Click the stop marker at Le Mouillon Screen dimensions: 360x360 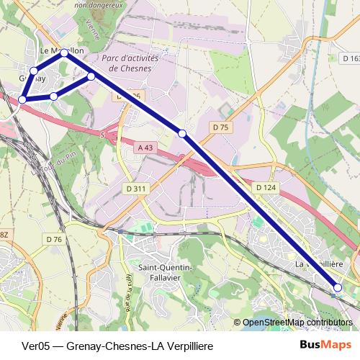tap(65, 53)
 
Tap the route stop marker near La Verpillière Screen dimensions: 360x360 tap(337, 288)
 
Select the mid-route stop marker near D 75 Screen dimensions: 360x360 tap(182, 133)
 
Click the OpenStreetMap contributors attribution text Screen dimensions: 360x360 tap(297, 322)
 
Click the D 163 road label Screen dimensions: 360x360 tap(350, 58)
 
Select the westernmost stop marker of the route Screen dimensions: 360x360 tap(23, 99)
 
